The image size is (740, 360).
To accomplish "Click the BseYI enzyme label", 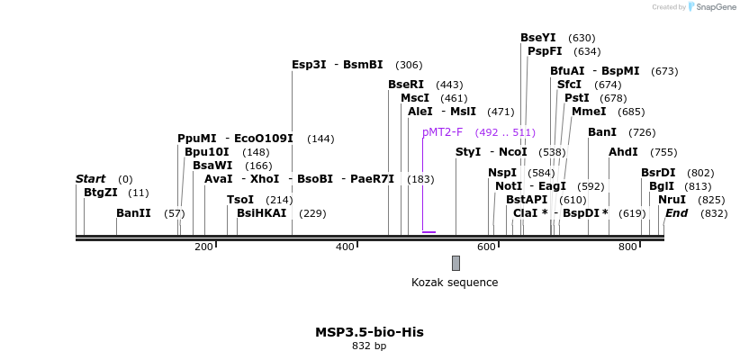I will pyautogui.click(x=537, y=38).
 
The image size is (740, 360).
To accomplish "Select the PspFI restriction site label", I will pyautogui.click(x=545, y=51).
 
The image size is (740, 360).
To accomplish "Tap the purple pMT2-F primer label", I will pyautogui.click(x=442, y=132).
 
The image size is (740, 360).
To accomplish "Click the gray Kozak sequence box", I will pyautogui.click(x=456, y=263).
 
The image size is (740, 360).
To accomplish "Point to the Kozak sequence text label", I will pyautogui.click(x=455, y=283).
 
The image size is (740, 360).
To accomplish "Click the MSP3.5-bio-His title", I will pyautogui.click(x=369, y=332).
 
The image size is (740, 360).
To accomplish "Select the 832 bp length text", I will pyautogui.click(x=369, y=346).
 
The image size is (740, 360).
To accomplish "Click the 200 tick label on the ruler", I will pyautogui.click(x=204, y=247).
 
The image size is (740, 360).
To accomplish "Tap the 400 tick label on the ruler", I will pyautogui.click(x=346, y=247).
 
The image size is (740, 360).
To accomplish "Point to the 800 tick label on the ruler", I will pyautogui.click(x=627, y=247).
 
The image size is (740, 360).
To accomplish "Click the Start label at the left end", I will pyautogui.click(x=90, y=179).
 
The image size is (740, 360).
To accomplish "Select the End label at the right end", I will pyautogui.click(x=676, y=213).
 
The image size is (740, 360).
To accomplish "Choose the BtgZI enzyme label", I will pyautogui.click(x=100, y=193).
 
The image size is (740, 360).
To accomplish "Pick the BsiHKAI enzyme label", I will pyautogui.click(x=261, y=213).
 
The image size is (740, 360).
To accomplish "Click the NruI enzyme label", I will pyautogui.click(x=672, y=200).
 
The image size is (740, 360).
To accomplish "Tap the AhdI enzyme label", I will pyautogui.click(x=623, y=152).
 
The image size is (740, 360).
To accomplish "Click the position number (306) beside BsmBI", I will pyautogui.click(x=409, y=65).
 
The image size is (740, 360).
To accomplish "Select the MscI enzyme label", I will pyautogui.click(x=415, y=98).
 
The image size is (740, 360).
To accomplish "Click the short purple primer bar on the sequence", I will pyautogui.click(x=429, y=232).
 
